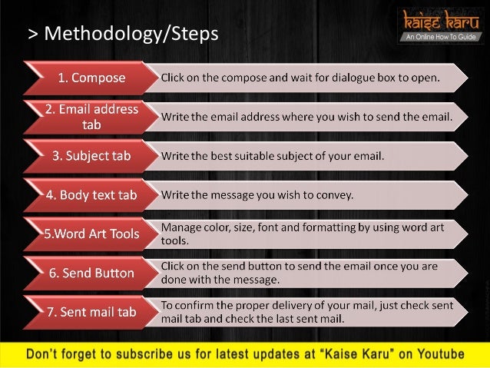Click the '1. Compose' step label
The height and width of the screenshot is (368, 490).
(92, 78)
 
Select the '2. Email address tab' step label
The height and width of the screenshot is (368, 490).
(91, 116)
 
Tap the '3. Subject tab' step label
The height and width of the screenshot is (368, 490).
(91, 156)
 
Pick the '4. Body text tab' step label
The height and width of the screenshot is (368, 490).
(91, 195)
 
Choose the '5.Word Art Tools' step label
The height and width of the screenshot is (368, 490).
(91, 234)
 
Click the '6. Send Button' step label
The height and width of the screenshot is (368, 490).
(91, 273)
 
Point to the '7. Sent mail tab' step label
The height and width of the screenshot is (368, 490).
(91, 312)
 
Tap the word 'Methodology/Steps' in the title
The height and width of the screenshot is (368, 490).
(131, 34)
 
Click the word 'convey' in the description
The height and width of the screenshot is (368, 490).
(335, 195)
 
